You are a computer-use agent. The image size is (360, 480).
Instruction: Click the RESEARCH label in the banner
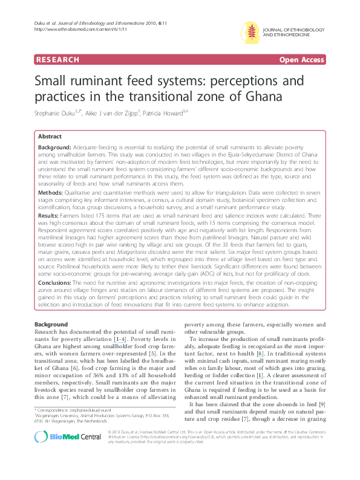[57, 60]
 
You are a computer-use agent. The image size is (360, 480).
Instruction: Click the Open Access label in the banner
[301, 60]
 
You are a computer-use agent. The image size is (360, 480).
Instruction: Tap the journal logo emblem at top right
[250, 31]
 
